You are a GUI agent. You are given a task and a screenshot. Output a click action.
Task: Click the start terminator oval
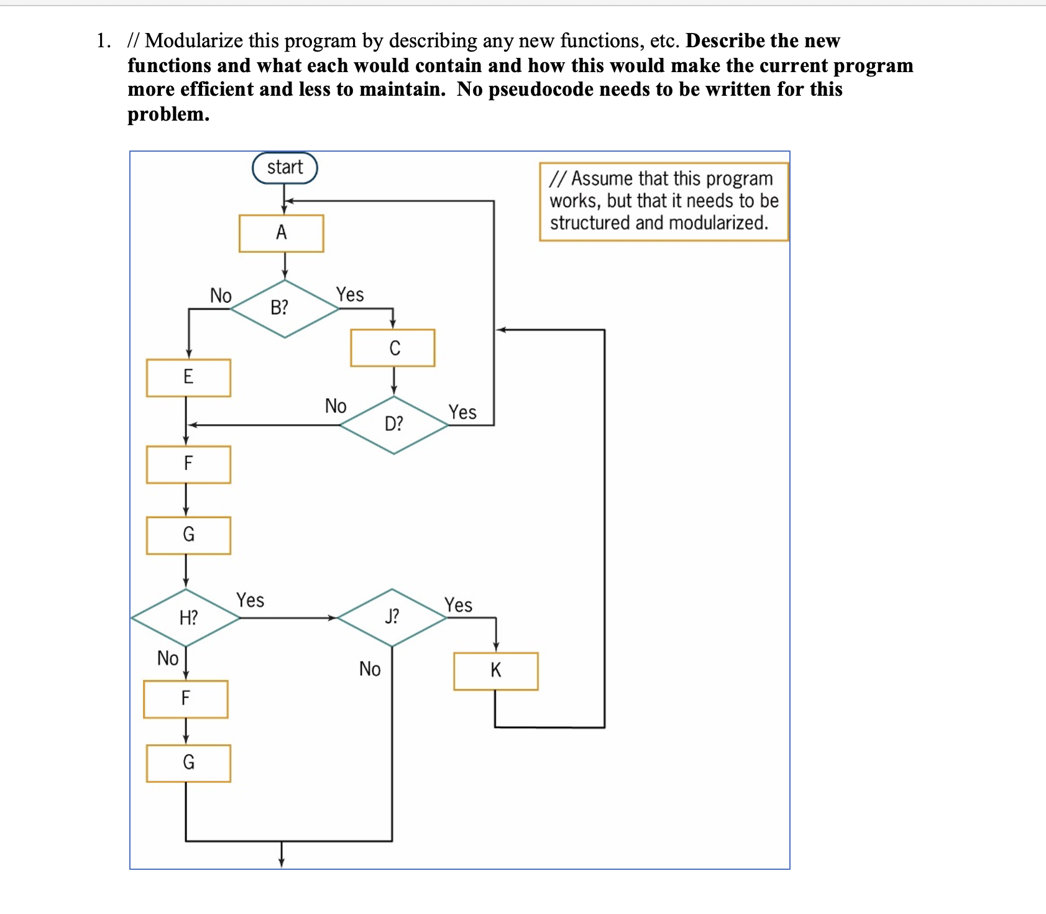point(285,168)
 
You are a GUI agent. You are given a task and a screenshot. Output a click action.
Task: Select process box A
point(281,233)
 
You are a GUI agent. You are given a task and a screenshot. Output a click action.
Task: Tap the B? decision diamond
point(284,308)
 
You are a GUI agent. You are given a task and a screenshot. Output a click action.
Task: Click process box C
point(393,348)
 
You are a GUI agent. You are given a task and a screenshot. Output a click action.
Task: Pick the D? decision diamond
point(394,425)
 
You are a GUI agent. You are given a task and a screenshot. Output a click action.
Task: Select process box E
point(188,377)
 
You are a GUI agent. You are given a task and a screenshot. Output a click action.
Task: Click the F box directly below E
point(188,464)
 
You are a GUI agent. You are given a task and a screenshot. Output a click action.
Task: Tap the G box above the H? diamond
point(188,535)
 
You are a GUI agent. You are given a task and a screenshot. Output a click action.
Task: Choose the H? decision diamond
point(186,617)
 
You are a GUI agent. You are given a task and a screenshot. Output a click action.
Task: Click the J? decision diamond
point(392,617)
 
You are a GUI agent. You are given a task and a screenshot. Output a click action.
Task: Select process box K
point(495,671)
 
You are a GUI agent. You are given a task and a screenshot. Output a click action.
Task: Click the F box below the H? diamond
point(185,699)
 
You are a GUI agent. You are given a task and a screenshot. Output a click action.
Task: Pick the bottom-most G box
point(188,763)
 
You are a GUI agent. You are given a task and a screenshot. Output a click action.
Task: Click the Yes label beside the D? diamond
point(462,412)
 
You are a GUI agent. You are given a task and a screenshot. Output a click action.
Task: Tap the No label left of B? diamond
point(221,295)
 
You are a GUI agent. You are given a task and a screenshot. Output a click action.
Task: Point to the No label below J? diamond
point(370,669)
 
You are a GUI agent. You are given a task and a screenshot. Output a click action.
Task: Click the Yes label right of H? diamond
point(250,600)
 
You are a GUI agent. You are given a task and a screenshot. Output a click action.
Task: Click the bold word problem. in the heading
point(168,114)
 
